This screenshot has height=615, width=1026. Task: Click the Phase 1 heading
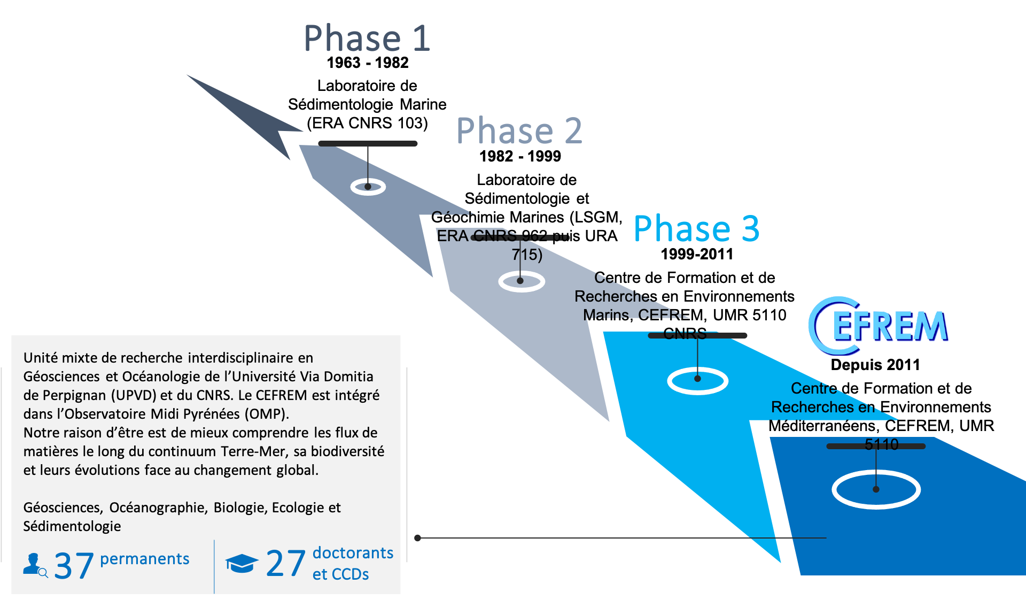pos(367,39)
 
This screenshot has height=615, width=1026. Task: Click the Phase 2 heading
pos(519,131)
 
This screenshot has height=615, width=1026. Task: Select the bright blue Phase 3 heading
pos(696,229)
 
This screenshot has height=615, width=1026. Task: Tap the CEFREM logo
pos(877,326)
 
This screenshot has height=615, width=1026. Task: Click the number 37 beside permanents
pos(74,566)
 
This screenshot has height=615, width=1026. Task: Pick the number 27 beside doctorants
pos(285,564)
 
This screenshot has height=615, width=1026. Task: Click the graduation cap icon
pos(242,564)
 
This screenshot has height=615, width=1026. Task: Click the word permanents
pos(144,559)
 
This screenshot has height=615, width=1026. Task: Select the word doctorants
pos(353,553)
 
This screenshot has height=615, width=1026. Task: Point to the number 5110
pos(881,444)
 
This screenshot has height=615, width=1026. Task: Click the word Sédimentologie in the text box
pos(72,526)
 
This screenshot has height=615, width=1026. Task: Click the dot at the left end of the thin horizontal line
pos(418,538)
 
